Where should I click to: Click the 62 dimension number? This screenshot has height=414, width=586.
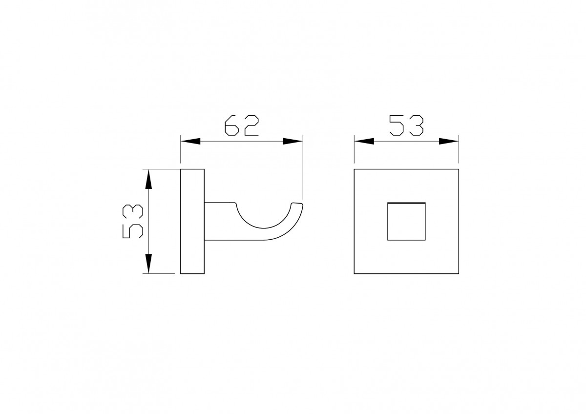point(241,125)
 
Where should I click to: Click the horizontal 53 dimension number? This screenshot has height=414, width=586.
point(406,125)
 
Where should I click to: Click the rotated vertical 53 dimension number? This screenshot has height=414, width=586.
point(133,222)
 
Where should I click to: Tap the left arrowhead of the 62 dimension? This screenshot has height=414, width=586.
point(190,141)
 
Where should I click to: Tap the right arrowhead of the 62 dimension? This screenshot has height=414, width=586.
point(293,141)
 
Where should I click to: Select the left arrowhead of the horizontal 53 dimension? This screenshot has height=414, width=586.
point(364,141)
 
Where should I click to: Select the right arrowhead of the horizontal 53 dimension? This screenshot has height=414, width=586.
point(449,141)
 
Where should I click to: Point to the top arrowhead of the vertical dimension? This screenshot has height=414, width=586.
point(148,179)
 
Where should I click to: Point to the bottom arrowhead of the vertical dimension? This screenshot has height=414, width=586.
point(148,264)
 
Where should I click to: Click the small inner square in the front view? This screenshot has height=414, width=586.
point(406,203)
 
